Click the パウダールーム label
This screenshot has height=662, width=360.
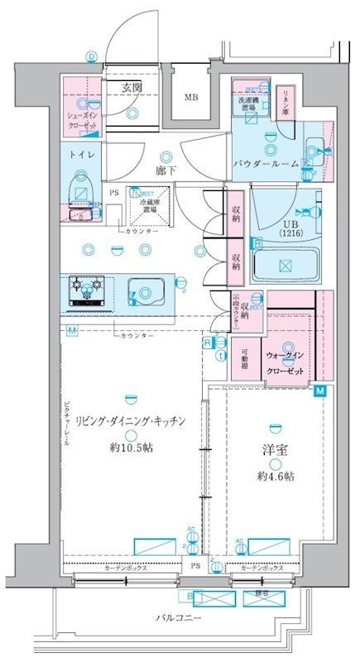click(265, 164)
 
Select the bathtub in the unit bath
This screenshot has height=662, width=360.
click(285, 266)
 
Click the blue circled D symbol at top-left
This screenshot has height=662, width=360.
click(91, 56)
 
